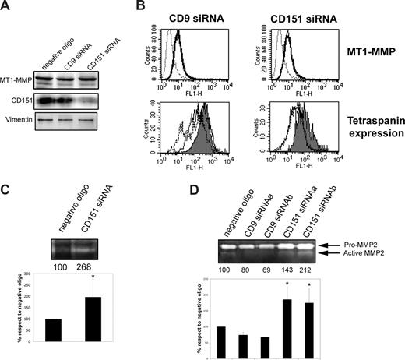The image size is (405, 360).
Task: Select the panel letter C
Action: tap(7, 191)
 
